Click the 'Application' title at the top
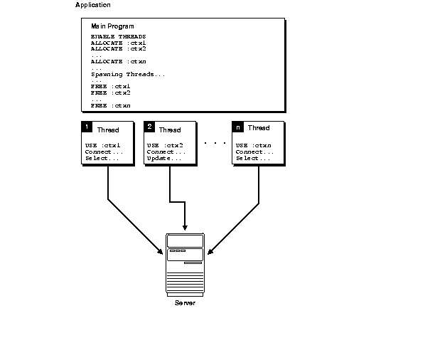point(93,6)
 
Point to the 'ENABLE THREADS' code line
point(119,36)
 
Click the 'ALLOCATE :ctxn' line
point(119,61)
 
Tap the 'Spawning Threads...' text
point(129,74)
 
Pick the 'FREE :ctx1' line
point(111,86)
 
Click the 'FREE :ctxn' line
point(111,105)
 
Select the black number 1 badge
point(87,127)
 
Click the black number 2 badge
point(149,127)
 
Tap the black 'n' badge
point(238,127)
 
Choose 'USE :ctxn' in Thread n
point(254,145)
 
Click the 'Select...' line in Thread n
point(253,158)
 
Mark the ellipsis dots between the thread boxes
point(215,143)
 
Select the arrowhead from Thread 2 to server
point(185,226)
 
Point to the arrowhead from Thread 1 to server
point(159,252)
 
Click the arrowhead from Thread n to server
point(211,252)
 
